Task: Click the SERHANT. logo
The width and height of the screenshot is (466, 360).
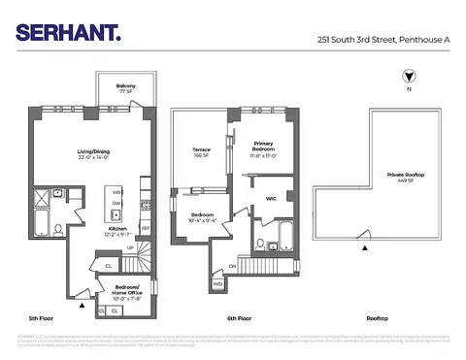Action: click(68, 32)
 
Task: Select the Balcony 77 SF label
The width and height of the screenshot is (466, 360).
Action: click(126, 88)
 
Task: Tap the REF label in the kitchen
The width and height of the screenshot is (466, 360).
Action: click(146, 228)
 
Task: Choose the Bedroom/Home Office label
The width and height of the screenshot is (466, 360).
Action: click(127, 290)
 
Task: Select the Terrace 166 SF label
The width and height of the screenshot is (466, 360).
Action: click(202, 152)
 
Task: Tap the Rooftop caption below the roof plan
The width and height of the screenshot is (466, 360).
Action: click(378, 318)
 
